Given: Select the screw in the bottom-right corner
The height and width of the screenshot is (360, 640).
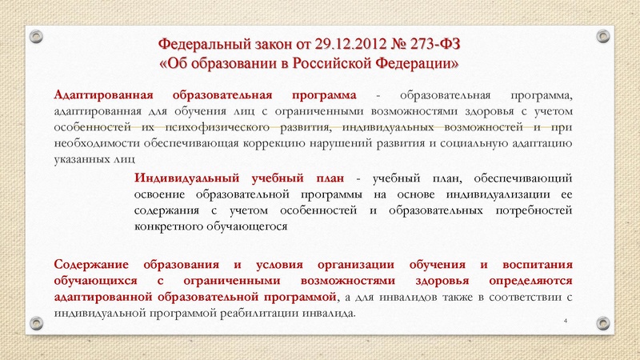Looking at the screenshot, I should [x=604, y=322].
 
